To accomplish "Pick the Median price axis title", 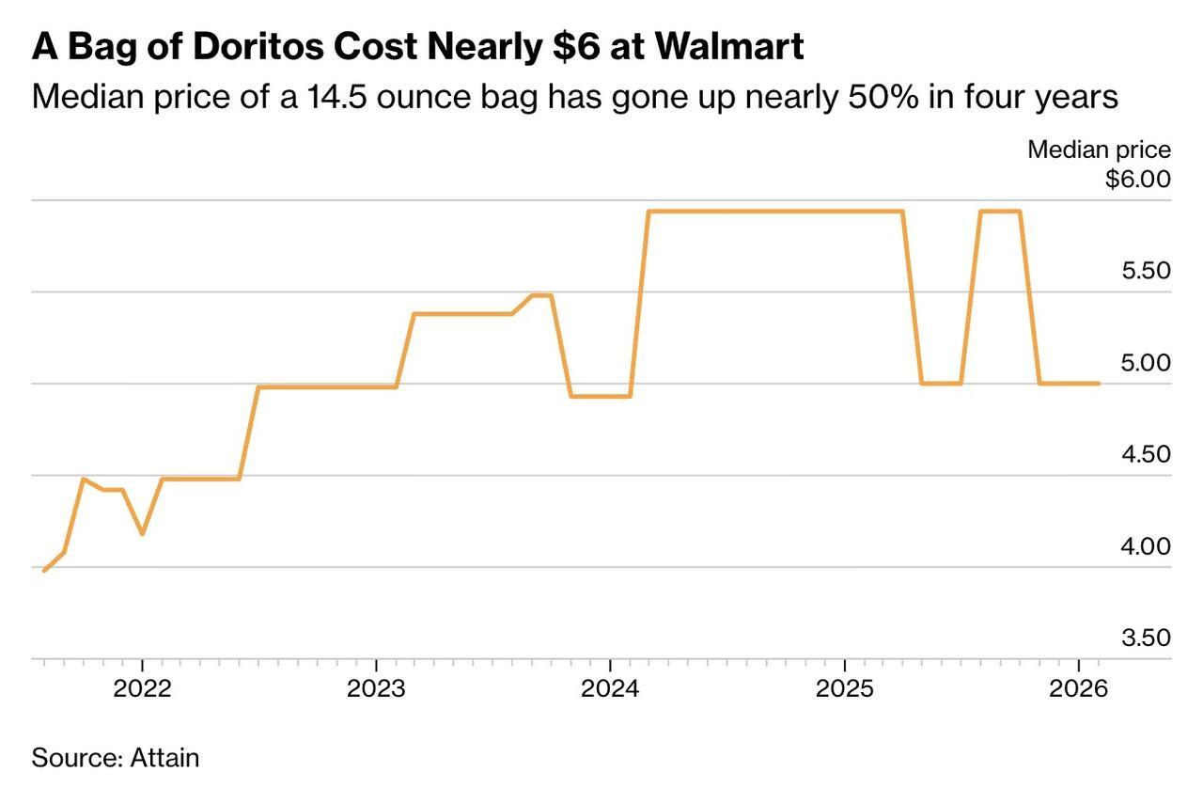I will click(x=1099, y=150).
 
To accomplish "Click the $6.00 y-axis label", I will click(x=1138, y=179).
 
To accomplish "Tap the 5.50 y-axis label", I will click(x=1146, y=271).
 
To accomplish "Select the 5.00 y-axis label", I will click(x=1146, y=363).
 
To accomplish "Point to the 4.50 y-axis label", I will click(x=1146, y=454).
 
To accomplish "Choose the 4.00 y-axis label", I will click(x=1146, y=546).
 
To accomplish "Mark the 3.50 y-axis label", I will click(x=1146, y=638).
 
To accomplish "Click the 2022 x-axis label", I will click(x=142, y=688).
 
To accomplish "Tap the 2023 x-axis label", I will click(x=376, y=688).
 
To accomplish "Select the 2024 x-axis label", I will click(x=610, y=688).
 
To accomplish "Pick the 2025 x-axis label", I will click(x=844, y=688).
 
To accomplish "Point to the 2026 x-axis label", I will click(x=1079, y=688).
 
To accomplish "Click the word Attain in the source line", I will click(x=164, y=757).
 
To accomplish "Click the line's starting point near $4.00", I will click(x=44, y=570).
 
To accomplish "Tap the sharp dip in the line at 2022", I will click(x=142, y=533).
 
